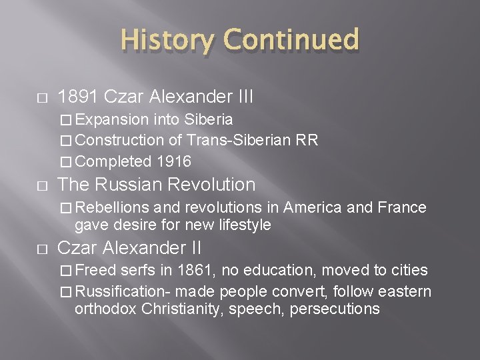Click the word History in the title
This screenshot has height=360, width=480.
(x=167, y=40)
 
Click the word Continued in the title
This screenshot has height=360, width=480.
(x=291, y=40)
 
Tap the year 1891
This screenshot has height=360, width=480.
(x=79, y=97)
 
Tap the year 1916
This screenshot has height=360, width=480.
(x=174, y=161)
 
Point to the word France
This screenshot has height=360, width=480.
(x=402, y=207)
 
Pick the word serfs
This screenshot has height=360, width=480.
(x=137, y=270)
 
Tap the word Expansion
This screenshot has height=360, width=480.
(x=113, y=119)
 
